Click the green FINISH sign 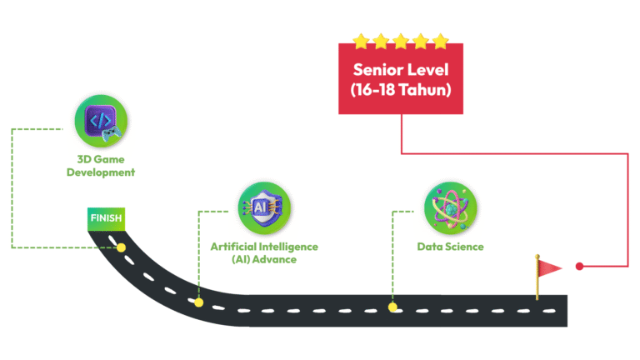tap(106, 218)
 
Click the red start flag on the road tap(550, 267)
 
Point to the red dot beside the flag tap(579, 267)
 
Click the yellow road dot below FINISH tap(121, 247)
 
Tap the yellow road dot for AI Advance tap(198, 302)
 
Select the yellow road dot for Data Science tap(392, 307)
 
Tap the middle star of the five tap(401, 41)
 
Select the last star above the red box tap(440, 41)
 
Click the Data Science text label tap(450, 247)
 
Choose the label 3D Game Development tap(101, 166)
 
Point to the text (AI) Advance tap(264, 260)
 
